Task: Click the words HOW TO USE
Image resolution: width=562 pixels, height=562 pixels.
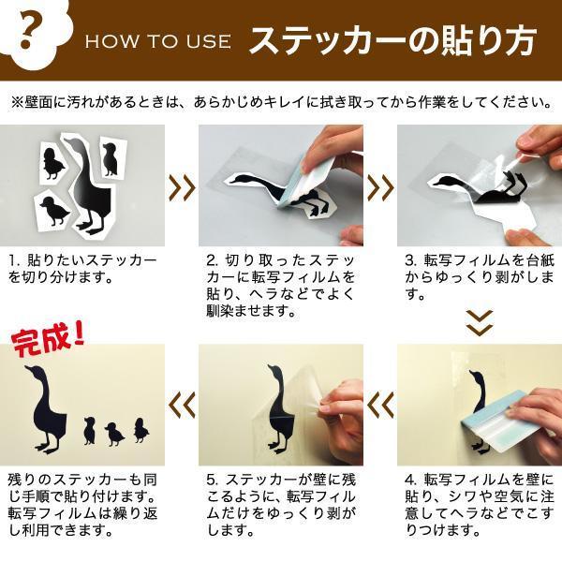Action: [x=158, y=41]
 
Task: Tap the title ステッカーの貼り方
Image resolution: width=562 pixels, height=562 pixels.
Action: [x=393, y=40]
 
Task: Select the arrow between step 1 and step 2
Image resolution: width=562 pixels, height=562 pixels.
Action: [x=182, y=187]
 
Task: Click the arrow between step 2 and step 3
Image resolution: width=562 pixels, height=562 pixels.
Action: [x=380, y=187]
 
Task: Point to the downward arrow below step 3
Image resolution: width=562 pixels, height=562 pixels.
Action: [x=480, y=323]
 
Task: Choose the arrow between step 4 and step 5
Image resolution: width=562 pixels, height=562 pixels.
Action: [x=380, y=406]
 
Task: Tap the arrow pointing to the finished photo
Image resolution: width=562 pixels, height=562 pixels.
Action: [x=182, y=406]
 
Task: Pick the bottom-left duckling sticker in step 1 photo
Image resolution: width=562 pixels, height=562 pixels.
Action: [x=53, y=212]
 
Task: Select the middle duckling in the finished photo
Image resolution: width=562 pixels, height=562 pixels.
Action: [x=114, y=434]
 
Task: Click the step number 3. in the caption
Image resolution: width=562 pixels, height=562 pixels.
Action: [x=410, y=261]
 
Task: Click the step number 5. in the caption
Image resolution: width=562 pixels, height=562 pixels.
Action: [x=212, y=481]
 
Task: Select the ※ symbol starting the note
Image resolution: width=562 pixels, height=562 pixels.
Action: [x=17, y=103]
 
